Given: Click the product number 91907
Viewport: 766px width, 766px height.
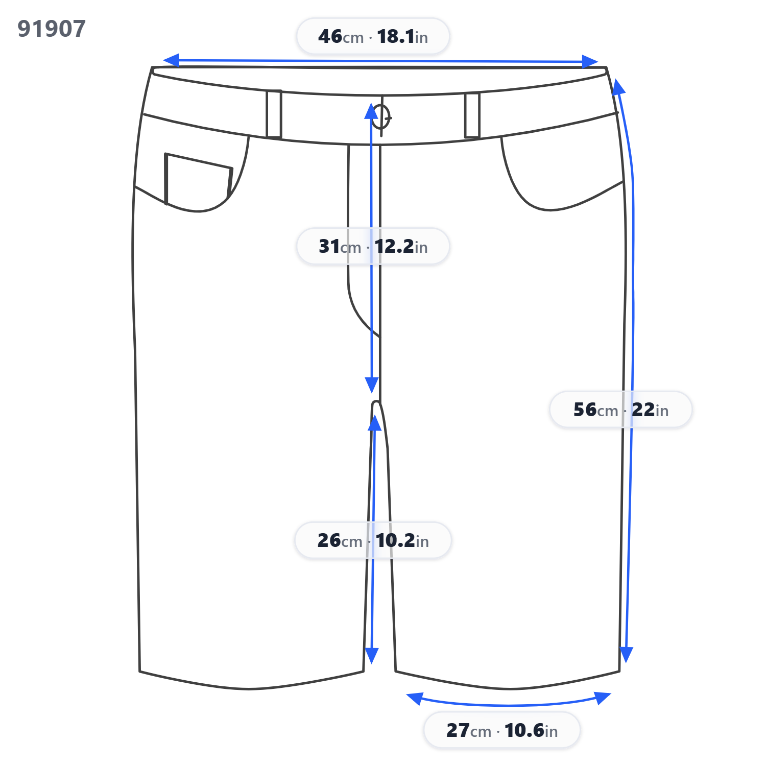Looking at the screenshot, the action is [x=52, y=29].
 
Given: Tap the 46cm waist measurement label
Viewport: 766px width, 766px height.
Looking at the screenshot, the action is [x=373, y=36].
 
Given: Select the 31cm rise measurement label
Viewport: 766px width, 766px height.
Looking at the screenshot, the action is [x=373, y=246].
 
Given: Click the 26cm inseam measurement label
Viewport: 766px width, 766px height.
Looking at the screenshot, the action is [x=373, y=540].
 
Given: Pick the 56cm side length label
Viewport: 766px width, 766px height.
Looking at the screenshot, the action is [x=620, y=410].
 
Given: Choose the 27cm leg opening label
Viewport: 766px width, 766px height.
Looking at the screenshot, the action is [x=502, y=730].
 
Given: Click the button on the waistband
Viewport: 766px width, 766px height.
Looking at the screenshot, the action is [x=381, y=117].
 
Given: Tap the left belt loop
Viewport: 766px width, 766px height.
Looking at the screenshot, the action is [x=274, y=114].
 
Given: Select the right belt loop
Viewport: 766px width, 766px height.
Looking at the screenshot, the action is [x=472, y=115].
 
